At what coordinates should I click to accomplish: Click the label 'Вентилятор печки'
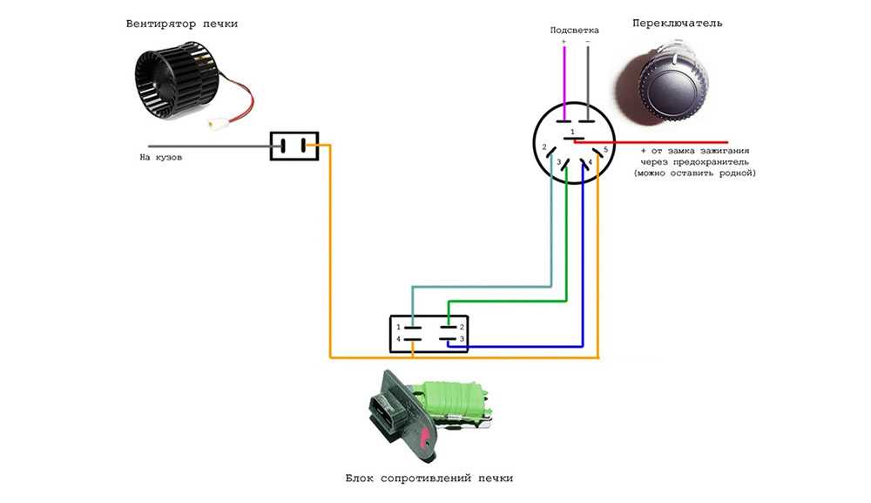181,24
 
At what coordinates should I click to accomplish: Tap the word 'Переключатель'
677,24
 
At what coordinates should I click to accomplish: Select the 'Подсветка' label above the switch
574,30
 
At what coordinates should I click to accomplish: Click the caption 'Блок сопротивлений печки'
429,479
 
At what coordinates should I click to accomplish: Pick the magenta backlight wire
564,83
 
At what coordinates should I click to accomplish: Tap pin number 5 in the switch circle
605,150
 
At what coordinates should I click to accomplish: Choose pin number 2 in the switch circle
544,147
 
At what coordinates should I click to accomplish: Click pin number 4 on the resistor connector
398,338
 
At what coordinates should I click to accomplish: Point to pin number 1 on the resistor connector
398,327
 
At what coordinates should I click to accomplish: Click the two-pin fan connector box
294,146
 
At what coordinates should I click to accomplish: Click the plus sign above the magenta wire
564,41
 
